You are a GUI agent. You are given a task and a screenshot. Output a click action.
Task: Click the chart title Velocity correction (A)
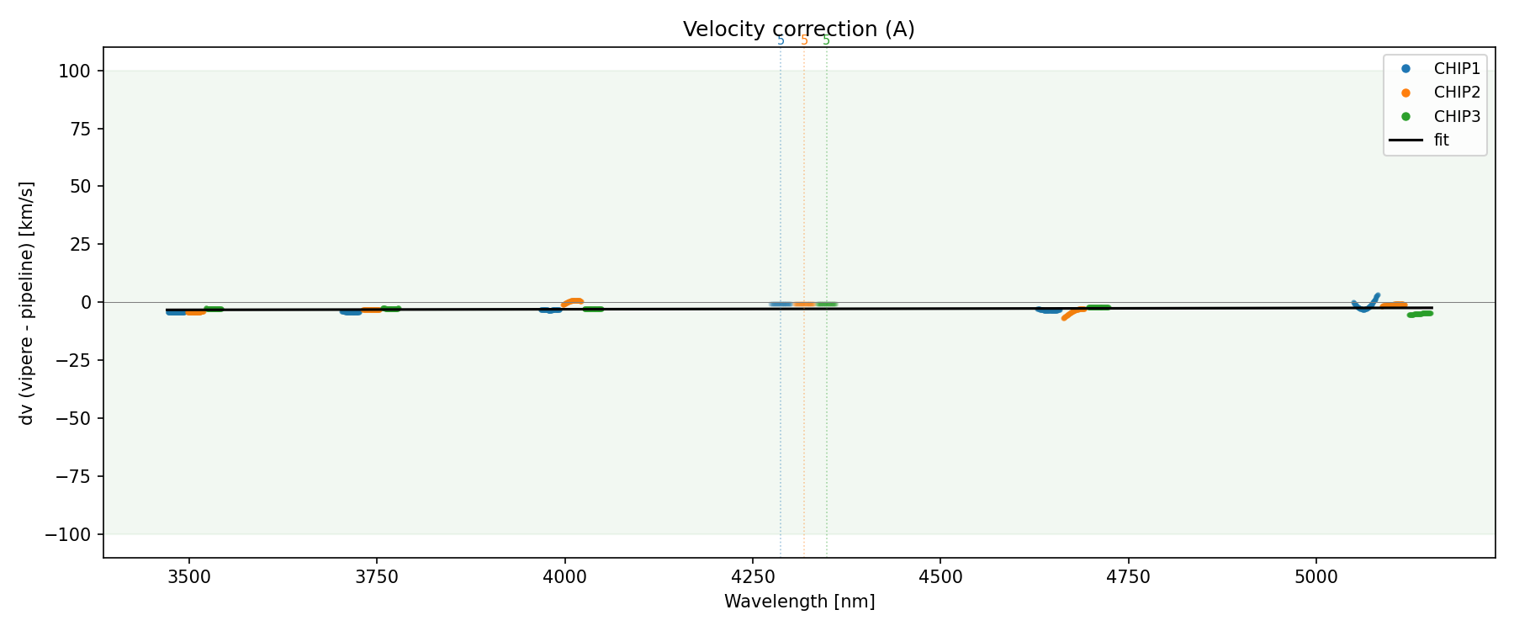(798, 29)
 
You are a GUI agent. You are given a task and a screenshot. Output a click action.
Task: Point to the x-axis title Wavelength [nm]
(799, 602)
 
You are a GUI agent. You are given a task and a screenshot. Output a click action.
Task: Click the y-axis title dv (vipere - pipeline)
(27, 302)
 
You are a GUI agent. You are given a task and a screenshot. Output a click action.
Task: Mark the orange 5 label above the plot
(804, 40)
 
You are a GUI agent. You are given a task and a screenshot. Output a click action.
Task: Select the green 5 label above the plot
(826, 40)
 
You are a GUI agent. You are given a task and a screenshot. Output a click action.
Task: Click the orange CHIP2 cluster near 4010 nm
(573, 301)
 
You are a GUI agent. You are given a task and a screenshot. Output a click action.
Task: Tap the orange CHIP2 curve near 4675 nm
(1071, 313)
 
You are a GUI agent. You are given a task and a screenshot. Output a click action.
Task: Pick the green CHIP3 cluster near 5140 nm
(1421, 314)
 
